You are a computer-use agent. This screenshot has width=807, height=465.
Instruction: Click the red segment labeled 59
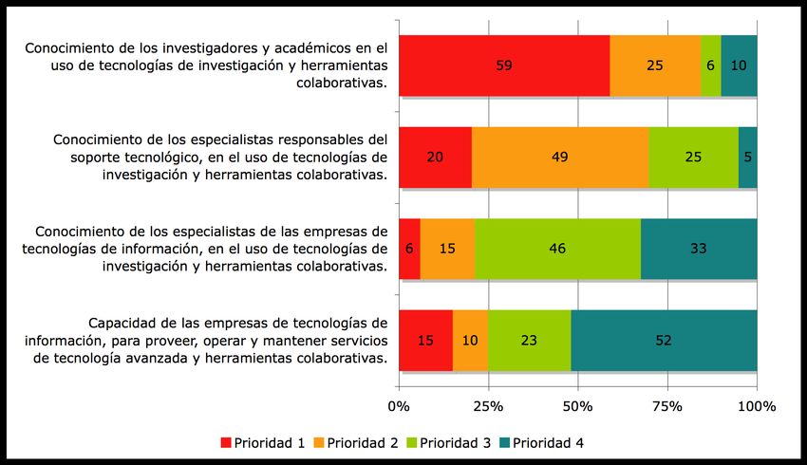click(x=504, y=65)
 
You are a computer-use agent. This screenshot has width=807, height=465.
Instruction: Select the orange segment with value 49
click(x=559, y=158)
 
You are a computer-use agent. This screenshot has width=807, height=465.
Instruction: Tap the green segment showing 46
click(x=557, y=249)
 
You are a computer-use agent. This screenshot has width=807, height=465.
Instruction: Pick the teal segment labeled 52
click(x=664, y=340)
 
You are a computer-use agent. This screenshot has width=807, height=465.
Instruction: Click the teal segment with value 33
click(x=698, y=249)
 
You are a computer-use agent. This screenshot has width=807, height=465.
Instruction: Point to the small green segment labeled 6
click(x=711, y=65)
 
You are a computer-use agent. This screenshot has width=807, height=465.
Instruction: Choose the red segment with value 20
click(x=435, y=158)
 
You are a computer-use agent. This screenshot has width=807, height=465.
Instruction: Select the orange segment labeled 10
click(x=471, y=340)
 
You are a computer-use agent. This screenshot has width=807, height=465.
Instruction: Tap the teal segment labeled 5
click(x=748, y=158)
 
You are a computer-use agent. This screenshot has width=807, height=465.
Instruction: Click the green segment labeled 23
click(x=530, y=340)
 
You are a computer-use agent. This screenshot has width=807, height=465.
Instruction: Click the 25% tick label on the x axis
click(x=488, y=406)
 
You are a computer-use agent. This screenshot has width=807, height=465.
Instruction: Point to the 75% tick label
click(x=667, y=406)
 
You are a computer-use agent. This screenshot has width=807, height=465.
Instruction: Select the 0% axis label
click(x=399, y=406)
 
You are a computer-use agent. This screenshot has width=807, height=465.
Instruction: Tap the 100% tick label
click(x=757, y=406)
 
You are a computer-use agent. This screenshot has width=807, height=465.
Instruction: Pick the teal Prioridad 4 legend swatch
click(x=504, y=443)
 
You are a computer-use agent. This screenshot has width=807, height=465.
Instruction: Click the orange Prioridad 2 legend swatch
click(x=318, y=443)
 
